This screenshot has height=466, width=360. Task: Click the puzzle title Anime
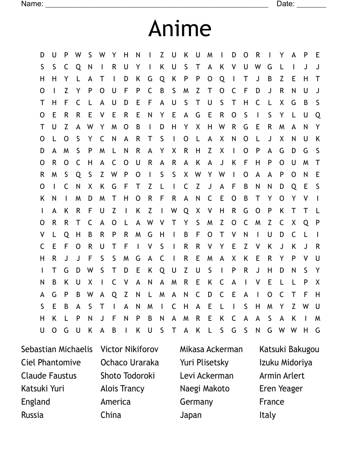coord(180,28)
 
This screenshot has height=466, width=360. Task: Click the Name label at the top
coord(32,4)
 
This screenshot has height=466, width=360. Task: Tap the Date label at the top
coord(285,4)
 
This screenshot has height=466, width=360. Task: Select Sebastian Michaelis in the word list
coord(57,349)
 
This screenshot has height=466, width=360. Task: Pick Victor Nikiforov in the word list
coord(129,349)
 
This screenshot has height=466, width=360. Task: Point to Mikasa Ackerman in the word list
coord(211,349)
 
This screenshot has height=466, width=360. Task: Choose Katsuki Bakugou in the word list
coord(289,349)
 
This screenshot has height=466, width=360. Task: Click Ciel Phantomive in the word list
coord(51,362)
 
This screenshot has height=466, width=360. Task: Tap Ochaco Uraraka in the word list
coord(130,362)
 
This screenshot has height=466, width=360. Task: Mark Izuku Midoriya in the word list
coord(286,362)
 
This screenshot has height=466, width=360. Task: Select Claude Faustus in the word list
coord(49,376)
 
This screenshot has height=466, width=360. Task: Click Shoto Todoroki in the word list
coord(128,376)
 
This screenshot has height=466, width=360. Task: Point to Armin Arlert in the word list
coord(282,376)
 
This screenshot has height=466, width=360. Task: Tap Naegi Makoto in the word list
coord(205,388)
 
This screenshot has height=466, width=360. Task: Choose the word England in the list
coord(36,402)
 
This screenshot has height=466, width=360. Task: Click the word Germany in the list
coord(196,402)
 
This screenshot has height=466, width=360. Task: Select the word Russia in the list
coord(32,415)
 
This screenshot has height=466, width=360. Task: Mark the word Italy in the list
coord(267,415)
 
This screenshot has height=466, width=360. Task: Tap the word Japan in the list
coord(191,415)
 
